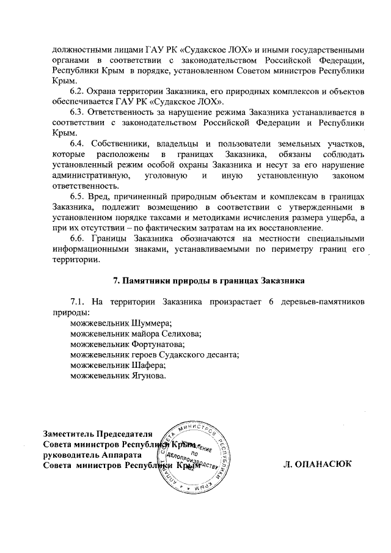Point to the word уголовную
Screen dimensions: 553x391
161,175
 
